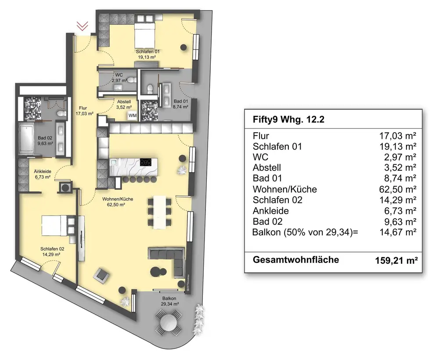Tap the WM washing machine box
pyautogui.click(x=132, y=115)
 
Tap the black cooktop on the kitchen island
pyautogui.click(x=147, y=162)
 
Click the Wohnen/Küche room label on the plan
pyautogui.click(x=118, y=202)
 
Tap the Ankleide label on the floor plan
pyautogui.click(x=39, y=174)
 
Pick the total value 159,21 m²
pyautogui.click(x=393, y=261)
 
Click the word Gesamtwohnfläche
pyautogui.click(x=296, y=260)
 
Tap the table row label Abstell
pyautogui.click(x=267, y=168)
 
